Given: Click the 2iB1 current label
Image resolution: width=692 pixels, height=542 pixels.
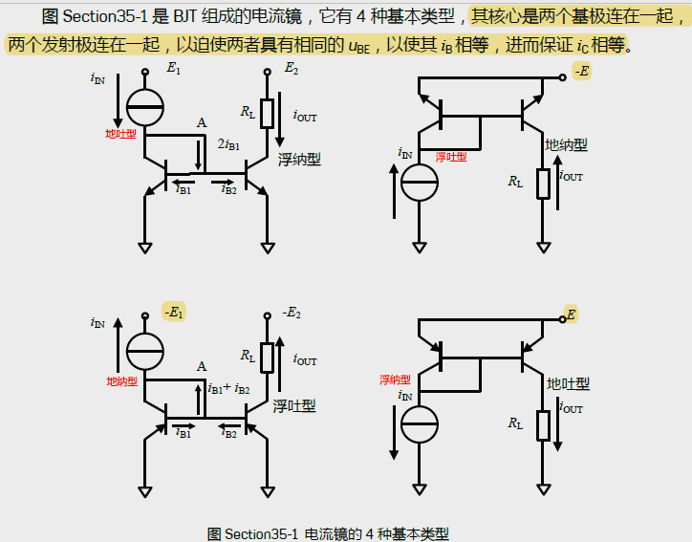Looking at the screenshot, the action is [229, 143].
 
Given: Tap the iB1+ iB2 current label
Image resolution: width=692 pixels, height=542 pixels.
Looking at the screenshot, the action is [229, 389].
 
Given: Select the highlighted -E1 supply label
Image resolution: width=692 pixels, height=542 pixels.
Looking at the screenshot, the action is [174, 313].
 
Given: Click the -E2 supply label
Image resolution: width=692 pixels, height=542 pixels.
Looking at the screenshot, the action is [292, 313].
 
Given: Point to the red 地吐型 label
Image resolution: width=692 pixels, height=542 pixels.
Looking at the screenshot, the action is [120, 134].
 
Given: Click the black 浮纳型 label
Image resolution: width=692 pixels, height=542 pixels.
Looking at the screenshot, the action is [299, 160].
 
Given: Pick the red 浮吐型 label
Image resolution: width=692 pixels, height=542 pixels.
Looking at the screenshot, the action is [451, 157].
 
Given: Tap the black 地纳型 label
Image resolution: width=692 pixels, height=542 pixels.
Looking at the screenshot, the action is [566, 144].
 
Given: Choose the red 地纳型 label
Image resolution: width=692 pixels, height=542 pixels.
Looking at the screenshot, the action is [121, 380].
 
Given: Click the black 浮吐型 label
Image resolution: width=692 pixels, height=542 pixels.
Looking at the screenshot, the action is [294, 405].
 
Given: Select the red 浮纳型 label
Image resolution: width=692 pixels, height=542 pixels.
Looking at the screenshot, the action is [395, 379].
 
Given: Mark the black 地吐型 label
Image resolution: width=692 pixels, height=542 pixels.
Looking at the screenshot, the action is [568, 383].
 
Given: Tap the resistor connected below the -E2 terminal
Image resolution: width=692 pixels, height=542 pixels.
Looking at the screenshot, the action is [268, 358].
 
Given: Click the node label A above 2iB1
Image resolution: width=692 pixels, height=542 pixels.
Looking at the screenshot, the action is [201, 123].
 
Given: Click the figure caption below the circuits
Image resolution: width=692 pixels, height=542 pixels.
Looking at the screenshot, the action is [328, 533].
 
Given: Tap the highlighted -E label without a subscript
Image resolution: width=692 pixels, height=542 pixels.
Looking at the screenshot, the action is [582, 71].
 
